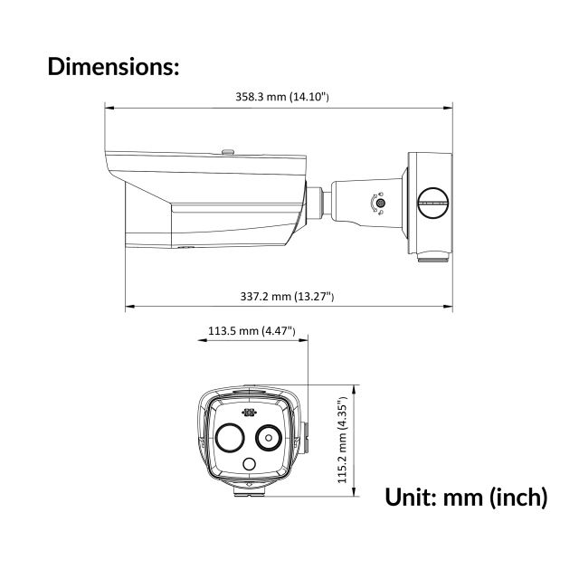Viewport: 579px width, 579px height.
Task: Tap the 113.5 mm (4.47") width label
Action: tap(252, 331)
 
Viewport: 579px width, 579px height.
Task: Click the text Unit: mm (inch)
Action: tap(466, 497)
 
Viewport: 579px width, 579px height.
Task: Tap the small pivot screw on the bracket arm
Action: tap(379, 204)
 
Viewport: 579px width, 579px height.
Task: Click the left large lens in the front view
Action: tap(229, 439)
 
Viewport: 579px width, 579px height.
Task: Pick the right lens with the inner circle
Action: tap(268, 439)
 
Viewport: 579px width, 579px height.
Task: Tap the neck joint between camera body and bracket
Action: tap(319, 198)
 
